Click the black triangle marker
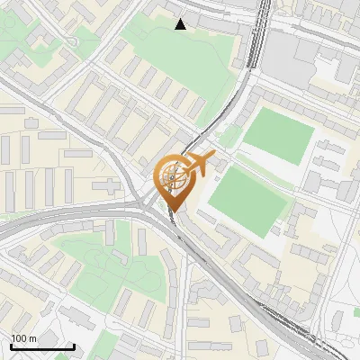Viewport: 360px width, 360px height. [181, 24]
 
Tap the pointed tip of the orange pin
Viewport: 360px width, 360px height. [174, 211]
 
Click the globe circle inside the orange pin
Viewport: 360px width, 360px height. [174, 179]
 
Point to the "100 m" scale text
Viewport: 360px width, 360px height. [23, 338]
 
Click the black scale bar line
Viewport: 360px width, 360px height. [42, 346]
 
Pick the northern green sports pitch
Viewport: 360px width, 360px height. [279, 135]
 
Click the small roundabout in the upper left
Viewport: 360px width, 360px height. [72, 40]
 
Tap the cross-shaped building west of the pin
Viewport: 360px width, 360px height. [106, 187]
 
